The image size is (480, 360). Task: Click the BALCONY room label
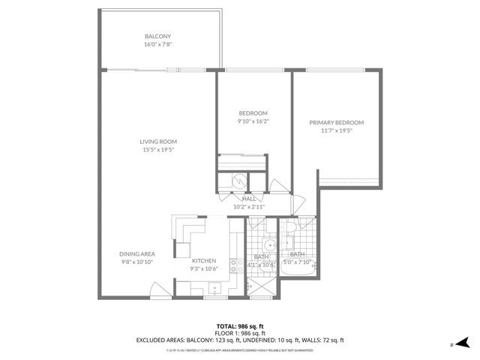pyautogui.click(x=157, y=36)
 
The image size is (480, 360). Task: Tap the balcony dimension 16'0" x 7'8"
pyautogui.click(x=157, y=44)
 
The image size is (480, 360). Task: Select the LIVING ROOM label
pyautogui.click(x=157, y=142)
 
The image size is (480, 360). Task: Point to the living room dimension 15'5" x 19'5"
pyautogui.click(x=157, y=150)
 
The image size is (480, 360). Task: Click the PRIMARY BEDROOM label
pyautogui.click(x=337, y=122)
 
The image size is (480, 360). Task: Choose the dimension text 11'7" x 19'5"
pyautogui.click(x=337, y=130)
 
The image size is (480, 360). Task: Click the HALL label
pyautogui.click(x=248, y=199)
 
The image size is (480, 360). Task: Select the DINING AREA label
pyautogui.click(x=136, y=254)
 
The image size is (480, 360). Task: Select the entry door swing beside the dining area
pyautogui.click(x=155, y=286)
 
